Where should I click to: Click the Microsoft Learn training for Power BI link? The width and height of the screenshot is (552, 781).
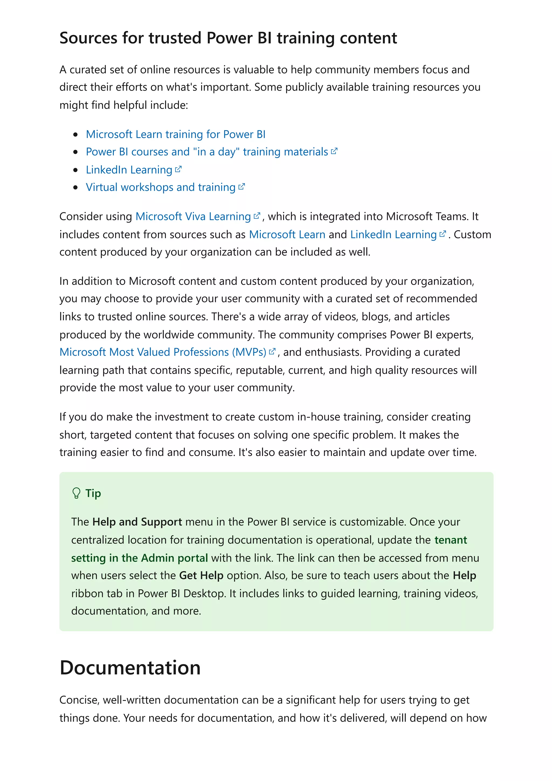tap(175, 134)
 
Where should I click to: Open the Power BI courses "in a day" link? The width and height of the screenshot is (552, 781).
tap(207, 152)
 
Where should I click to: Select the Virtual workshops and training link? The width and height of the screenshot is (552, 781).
tap(161, 187)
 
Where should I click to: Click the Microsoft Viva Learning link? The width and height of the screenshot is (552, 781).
tap(193, 217)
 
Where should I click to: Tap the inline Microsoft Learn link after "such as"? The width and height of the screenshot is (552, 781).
tap(287, 235)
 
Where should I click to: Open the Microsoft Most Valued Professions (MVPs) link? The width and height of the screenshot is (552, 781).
tap(163, 352)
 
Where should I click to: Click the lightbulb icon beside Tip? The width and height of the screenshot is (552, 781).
tap(77, 493)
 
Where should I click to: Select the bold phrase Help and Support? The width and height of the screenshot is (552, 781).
tap(137, 522)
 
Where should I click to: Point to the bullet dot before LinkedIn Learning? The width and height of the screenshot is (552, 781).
tap(75, 170)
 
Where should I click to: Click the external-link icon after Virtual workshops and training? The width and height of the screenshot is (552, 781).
tap(241, 187)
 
